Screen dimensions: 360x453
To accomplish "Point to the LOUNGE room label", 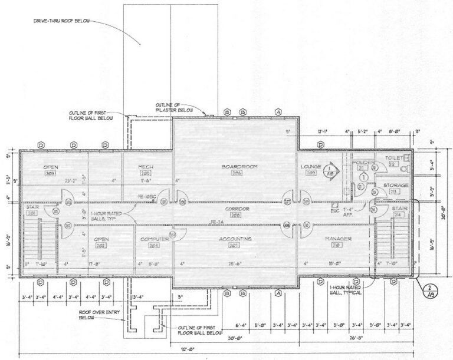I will coord(310,167).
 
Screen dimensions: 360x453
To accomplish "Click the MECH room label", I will coord(146,167).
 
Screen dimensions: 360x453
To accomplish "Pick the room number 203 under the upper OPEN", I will coord(50,174).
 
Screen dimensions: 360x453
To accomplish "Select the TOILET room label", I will coord(393,158).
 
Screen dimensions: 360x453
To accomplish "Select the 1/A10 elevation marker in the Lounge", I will coord(329,171).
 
